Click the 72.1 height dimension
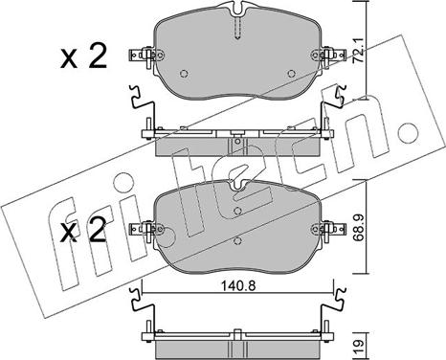pyautogui.click(x=359, y=51)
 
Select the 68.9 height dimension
pyautogui.click(x=359, y=229)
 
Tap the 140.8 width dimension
pyautogui.click(x=238, y=286)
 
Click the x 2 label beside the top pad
pyautogui.click(x=83, y=57)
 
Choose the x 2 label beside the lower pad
pyautogui.click(x=83, y=231)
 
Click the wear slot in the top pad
pyautogui.click(x=237, y=28)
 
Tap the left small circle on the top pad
pyautogui.click(x=184, y=74)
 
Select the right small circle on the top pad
pyautogui.click(x=291, y=74)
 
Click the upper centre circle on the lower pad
pyautogui.click(x=237, y=211)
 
